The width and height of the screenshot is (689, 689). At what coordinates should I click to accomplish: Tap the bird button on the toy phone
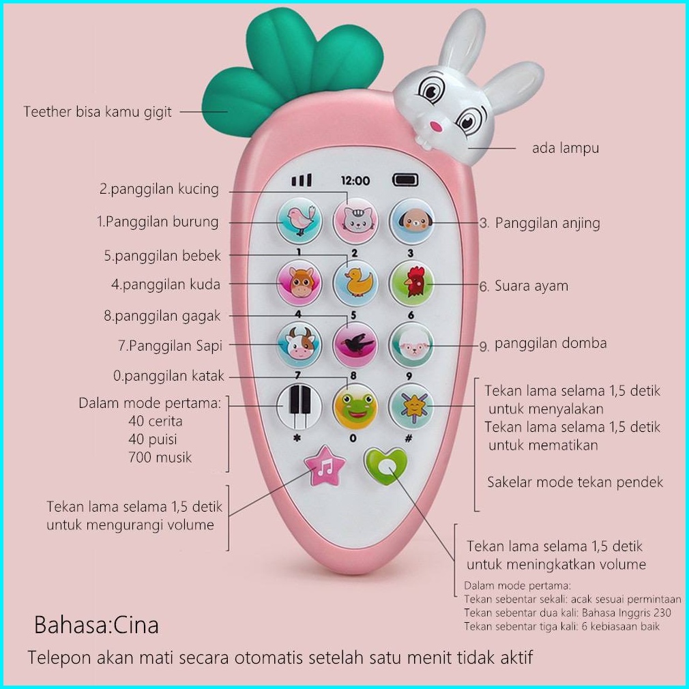[x=299, y=220]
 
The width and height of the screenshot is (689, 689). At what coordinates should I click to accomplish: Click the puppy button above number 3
[x=411, y=221]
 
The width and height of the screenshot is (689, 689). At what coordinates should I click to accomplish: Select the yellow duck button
[x=355, y=283]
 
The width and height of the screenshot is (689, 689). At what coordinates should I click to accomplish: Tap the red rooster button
[x=411, y=283]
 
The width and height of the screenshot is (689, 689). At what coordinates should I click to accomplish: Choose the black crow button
[x=355, y=344]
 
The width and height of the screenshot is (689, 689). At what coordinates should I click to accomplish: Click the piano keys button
[x=299, y=406]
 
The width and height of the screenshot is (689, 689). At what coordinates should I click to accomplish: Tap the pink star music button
[x=325, y=467]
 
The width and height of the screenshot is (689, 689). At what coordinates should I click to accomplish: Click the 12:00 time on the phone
[x=355, y=181]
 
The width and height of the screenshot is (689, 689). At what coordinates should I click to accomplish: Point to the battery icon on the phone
[x=405, y=179]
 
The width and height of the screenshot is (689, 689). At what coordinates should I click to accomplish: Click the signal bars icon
[x=302, y=180]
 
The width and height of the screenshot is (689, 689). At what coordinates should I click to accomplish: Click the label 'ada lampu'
[x=565, y=148]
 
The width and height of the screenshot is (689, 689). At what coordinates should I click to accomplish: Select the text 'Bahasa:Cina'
[x=96, y=624]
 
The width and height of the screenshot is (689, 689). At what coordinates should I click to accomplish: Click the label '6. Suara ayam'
[x=523, y=286]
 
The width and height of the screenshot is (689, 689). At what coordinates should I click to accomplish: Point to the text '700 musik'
[x=160, y=458]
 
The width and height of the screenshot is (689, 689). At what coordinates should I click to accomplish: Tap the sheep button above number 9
[x=411, y=345]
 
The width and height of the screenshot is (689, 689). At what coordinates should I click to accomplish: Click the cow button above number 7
[x=299, y=344]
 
